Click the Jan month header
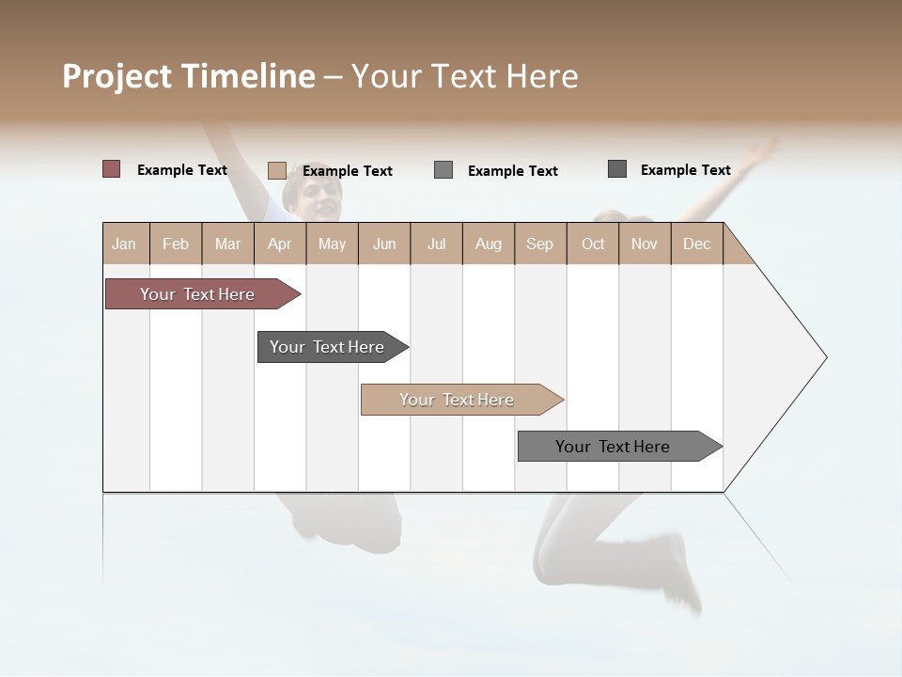[124, 244]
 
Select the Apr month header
[279, 244]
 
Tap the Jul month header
[436, 244]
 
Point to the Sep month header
[539, 244]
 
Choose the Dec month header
[696, 244]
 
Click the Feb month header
[176, 244]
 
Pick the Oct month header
[593, 244]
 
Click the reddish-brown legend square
[111, 169]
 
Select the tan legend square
[276, 170]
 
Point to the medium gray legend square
[443, 170]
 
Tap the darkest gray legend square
[617, 169]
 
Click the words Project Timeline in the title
[188, 76]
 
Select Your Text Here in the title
[464, 76]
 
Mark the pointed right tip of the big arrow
[825, 356]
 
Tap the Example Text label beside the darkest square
[685, 170]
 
